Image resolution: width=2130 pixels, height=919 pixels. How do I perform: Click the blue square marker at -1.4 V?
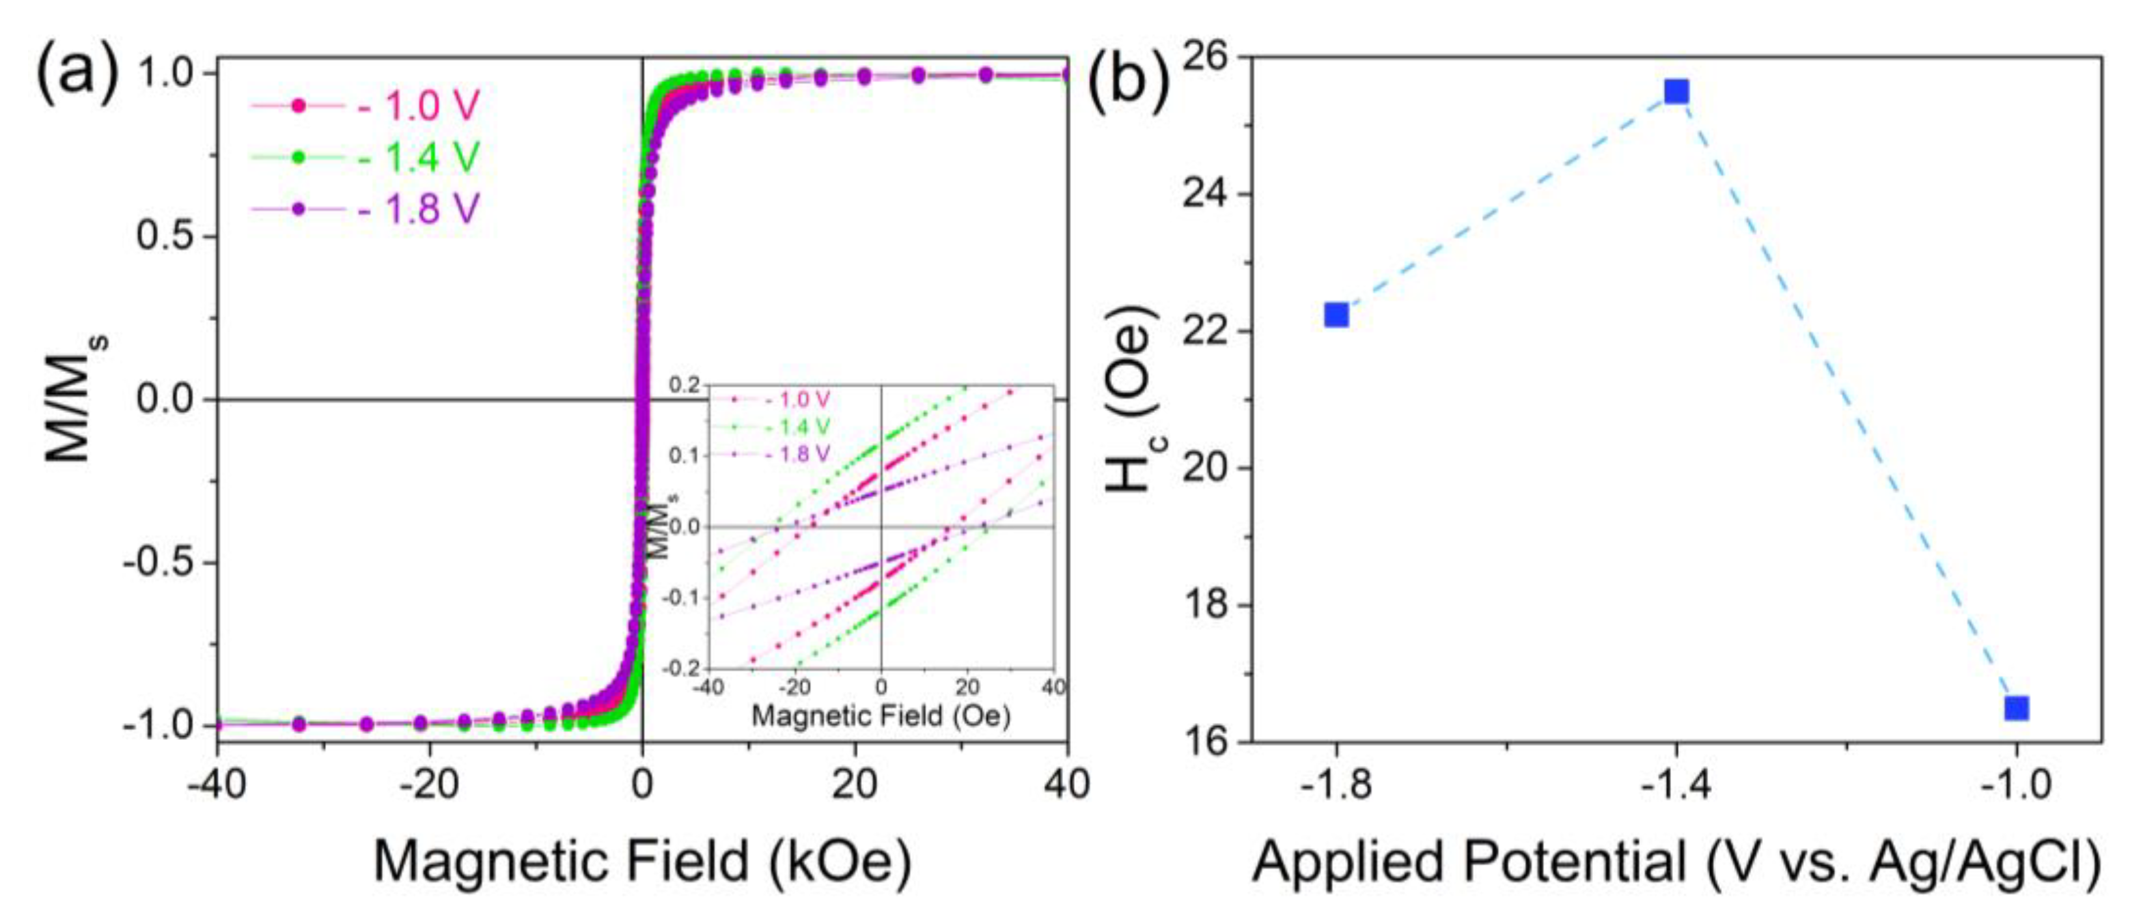[x=1676, y=91]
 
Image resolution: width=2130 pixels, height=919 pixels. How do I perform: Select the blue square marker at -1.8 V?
[x=1336, y=315]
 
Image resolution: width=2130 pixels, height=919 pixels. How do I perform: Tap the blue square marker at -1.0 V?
[x=2017, y=708]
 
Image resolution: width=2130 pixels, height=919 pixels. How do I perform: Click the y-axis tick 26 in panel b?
[x=1209, y=58]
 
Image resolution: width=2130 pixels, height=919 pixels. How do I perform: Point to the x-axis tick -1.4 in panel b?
[x=1676, y=785]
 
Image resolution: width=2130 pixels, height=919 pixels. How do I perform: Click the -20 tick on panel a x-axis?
[x=429, y=784]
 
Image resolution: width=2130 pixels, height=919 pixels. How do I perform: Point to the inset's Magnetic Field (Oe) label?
[x=881, y=716]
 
